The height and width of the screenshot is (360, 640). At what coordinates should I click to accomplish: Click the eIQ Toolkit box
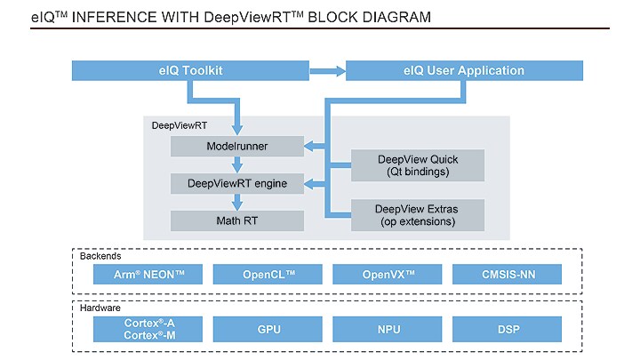pos(189,70)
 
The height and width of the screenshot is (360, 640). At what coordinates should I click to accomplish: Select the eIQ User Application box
pos(464,70)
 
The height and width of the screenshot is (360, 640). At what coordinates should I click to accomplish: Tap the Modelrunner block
pos(236,146)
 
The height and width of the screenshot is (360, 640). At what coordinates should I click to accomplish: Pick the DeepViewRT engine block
pos(236,183)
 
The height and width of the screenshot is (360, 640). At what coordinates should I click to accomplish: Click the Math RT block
pos(236,220)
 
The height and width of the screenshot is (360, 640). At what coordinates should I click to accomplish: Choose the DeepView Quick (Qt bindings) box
pos(418,165)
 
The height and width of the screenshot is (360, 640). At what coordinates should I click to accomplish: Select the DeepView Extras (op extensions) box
pos(418,214)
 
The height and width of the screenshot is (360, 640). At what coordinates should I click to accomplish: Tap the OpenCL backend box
pos(269,275)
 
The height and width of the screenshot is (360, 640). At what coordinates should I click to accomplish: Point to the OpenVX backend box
pos(388,275)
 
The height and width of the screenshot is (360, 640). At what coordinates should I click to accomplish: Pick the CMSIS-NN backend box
pos(508,275)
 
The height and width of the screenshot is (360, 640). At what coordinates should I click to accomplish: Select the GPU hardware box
pos(269,330)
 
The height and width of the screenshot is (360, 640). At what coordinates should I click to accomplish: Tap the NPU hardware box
pos(388,330)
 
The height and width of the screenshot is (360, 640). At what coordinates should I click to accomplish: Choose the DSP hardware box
pos(508,330)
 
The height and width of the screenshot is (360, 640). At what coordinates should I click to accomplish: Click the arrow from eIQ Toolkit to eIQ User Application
pos(326,70)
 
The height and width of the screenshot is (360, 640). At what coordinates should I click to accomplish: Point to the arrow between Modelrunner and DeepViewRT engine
pos(236,164)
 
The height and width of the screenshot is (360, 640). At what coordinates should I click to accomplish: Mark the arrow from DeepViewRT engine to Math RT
pos(236,202)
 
